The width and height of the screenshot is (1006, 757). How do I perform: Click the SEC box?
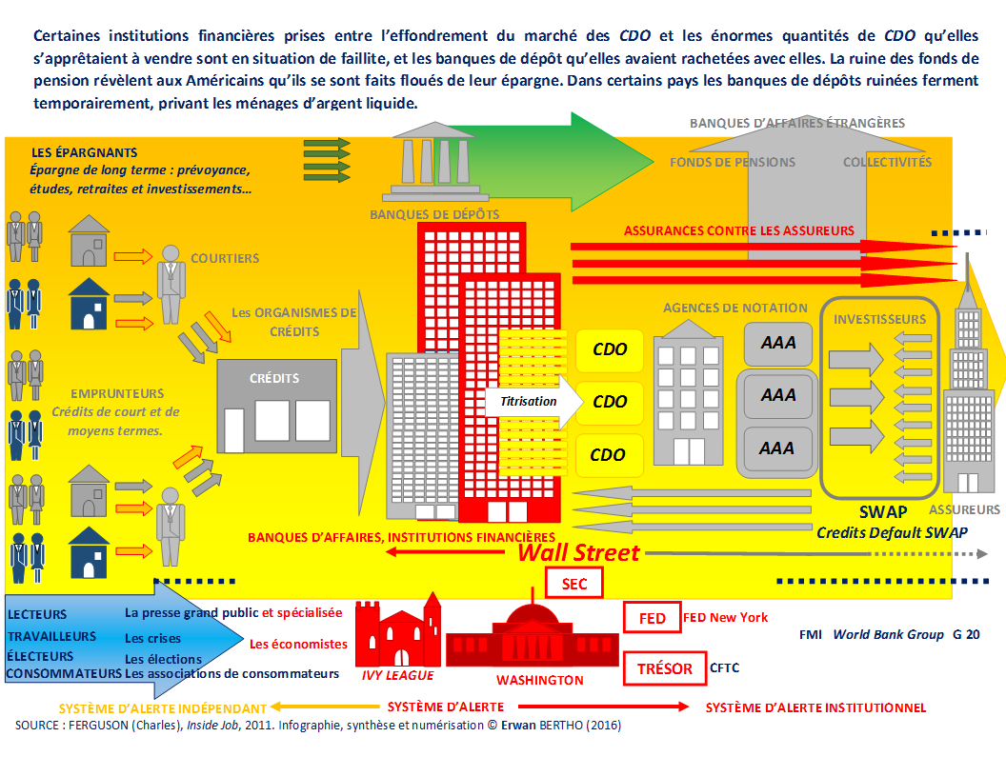click(x=574, y=583)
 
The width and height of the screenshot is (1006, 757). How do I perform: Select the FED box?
click(x=652, y=617)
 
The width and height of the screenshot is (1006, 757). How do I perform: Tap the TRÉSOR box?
click(x=665, y=667)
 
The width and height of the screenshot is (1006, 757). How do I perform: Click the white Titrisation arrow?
click(x=533, y=402)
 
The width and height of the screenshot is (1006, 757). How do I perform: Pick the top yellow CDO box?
click(x=610, y=349)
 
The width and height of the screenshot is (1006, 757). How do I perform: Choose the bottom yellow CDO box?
click(x=608, y=455)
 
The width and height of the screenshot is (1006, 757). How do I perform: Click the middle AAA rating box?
click(x=777, y=395)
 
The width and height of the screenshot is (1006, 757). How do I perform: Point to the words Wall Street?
click(x=578, y=552)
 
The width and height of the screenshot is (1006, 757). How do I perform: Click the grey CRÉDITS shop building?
click(x=276, y=406)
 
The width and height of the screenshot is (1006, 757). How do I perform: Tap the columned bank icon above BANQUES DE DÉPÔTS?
click(x=435, y=160)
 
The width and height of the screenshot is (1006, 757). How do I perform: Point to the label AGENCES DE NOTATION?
click(x=735, y=308)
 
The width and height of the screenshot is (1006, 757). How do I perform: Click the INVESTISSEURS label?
click(x=879, y=319)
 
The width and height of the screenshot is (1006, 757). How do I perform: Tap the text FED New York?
click(x=726, y=617)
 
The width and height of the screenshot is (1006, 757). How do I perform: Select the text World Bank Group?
click(x=888, y=634)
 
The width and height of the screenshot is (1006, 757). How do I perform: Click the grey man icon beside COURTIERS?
click(x=171, y=284)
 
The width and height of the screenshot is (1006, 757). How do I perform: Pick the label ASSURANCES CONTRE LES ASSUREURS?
click(x=739, y=230)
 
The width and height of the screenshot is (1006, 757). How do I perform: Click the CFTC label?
click(x=724, y=667)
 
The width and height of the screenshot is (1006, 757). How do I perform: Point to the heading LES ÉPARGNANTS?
click(x=84, y=152)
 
